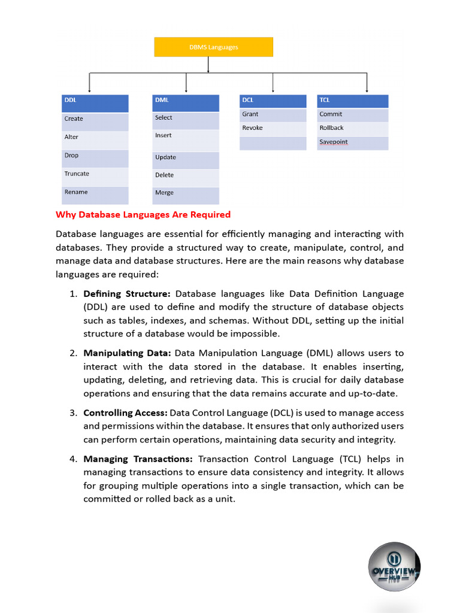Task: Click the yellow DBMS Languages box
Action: (213, 47)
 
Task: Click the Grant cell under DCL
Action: (274, 114)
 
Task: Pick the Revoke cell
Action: (274, 128)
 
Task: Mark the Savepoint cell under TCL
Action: (352, 142)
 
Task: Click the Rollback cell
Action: (352, 128)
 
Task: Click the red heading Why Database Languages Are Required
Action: (143, 214)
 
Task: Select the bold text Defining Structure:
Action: (127, 294)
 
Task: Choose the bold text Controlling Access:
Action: (125, 413)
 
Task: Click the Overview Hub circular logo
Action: (394, 566)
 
